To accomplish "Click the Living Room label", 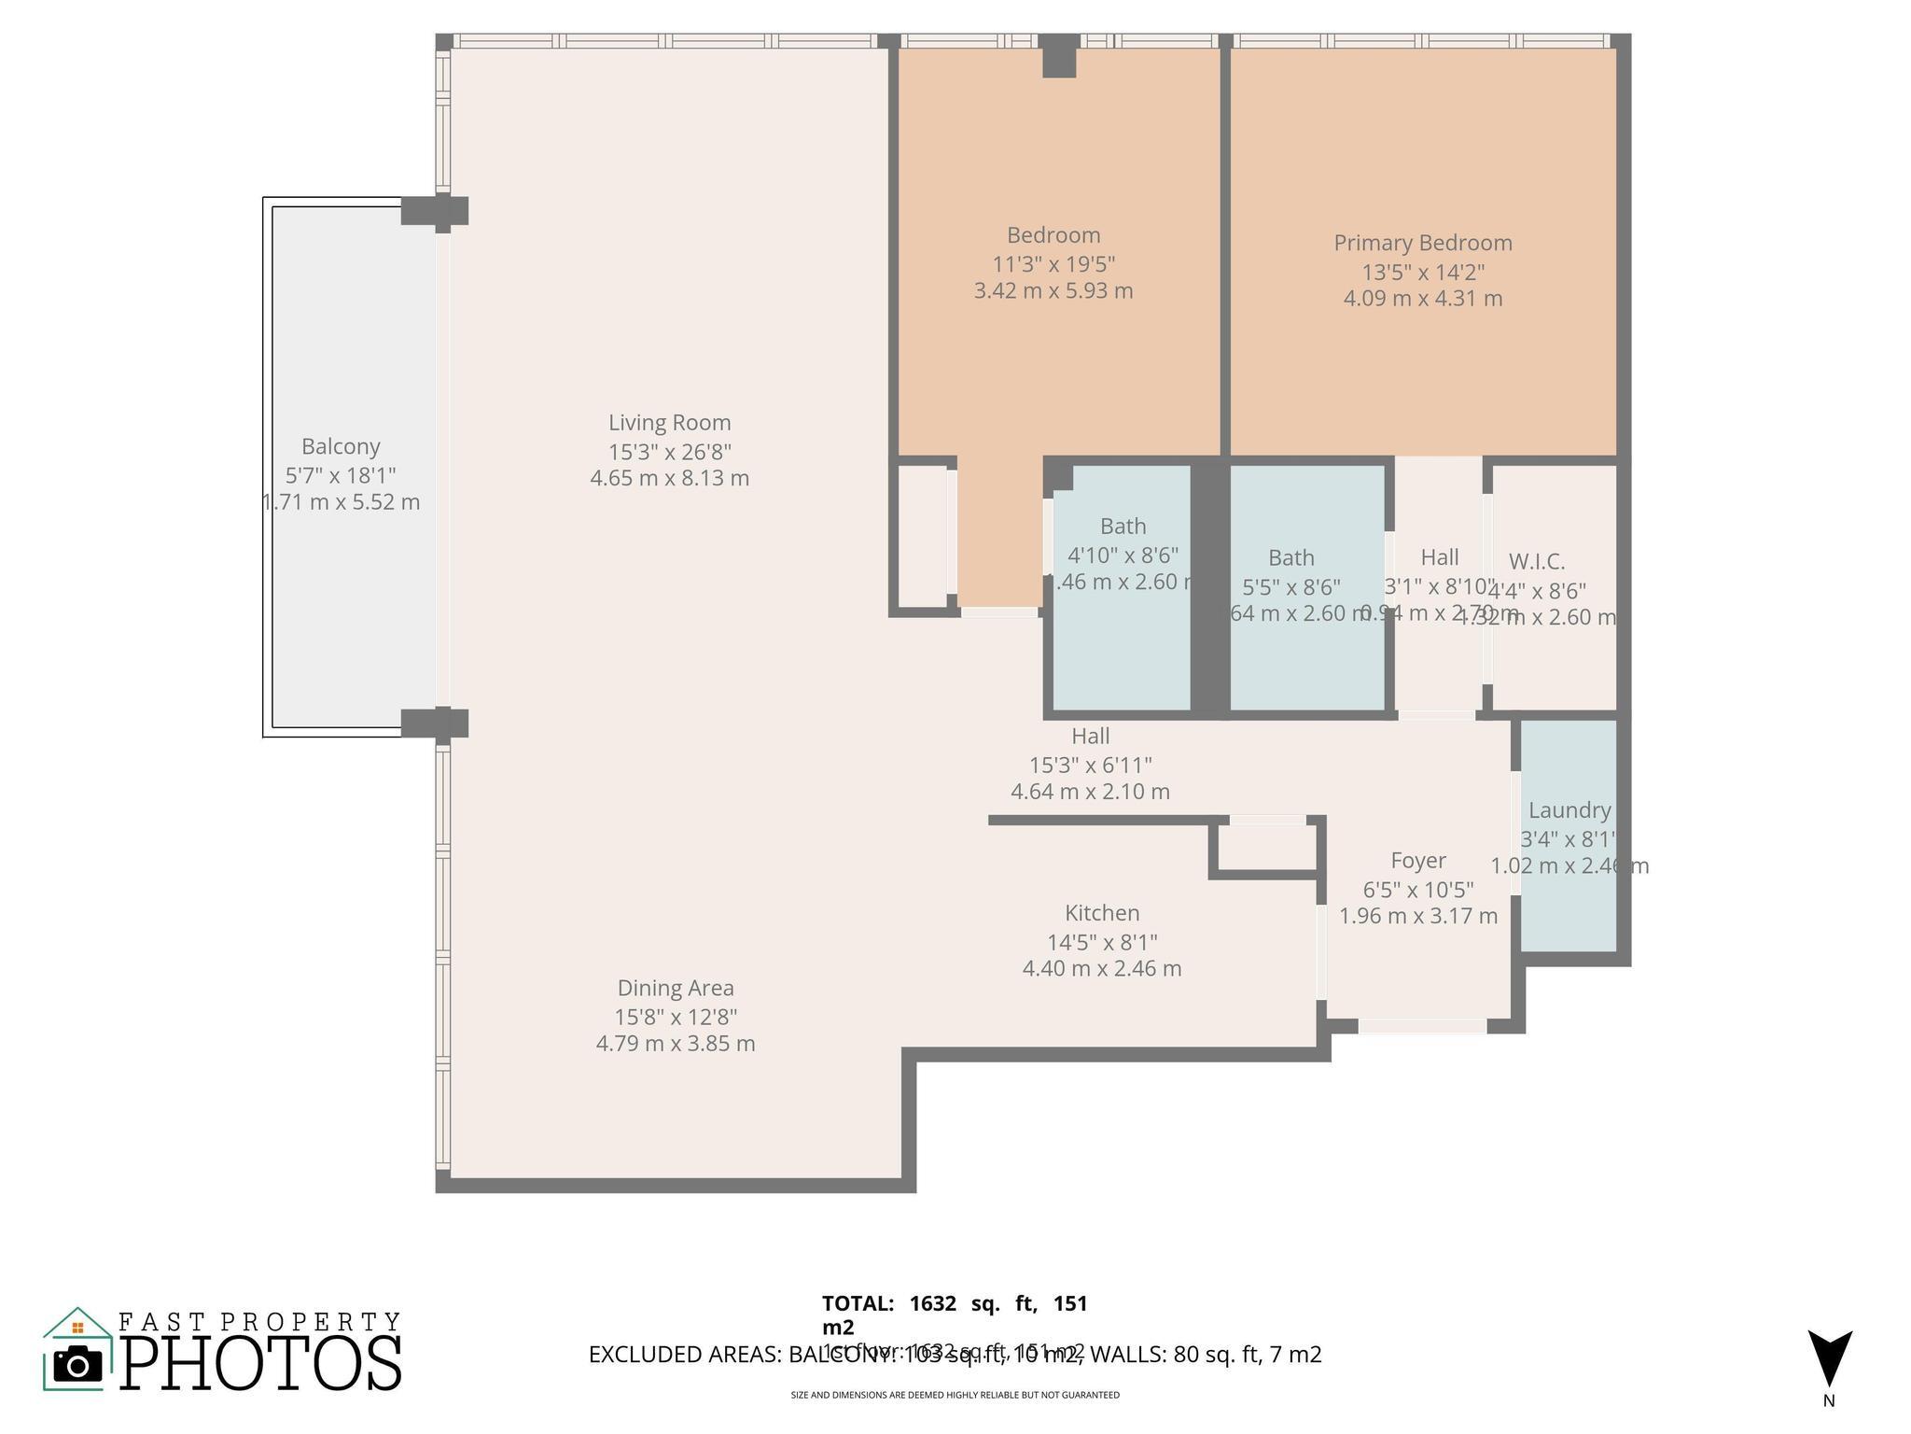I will tap(669, 423).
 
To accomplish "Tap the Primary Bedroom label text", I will tap(1422, 243).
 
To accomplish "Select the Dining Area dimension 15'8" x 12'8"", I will tap(675, 1017).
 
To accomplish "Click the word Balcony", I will tap(341, 446).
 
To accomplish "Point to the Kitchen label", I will tap(1102, 913).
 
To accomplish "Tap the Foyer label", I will tap(1417, 860).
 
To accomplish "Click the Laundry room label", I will tap(1569, 810).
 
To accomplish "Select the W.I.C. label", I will tap(1536, 562).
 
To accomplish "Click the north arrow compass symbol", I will tap(1829, 1358).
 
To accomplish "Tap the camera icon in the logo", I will tap(77, 1365).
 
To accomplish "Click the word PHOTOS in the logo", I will tap(261, 1364).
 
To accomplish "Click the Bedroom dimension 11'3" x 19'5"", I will tap(1053, 264).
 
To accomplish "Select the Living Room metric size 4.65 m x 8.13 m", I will tap(669, 479).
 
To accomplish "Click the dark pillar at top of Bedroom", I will tap(1059, 57).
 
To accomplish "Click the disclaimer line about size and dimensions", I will tap(955, 1395).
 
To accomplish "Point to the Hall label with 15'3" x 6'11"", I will tap(1090, 737).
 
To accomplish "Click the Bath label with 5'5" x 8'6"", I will tap(1290, 558).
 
